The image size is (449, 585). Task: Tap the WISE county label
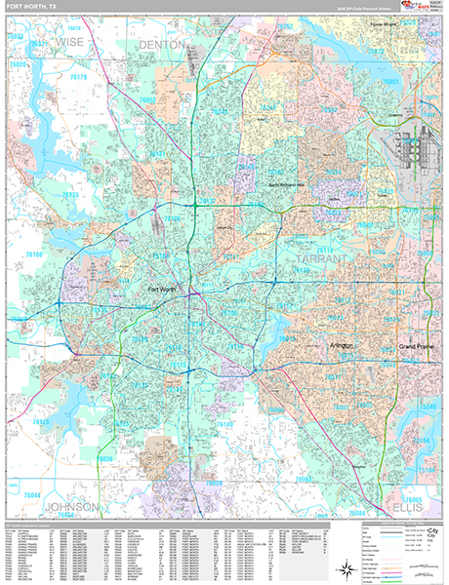(70, 43)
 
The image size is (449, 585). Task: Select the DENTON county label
(161, 45)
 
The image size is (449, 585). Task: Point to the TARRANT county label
(319, 260)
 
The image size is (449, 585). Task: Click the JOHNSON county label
(71, 508)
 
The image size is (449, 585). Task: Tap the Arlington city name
(339, 346)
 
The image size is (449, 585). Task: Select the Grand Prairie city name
(417, 347)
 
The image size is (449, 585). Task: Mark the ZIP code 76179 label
(77, 77)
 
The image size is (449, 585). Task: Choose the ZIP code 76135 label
(69, 195)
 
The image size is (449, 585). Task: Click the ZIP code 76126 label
(41, 422)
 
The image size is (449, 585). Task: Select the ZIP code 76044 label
(31, 495)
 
